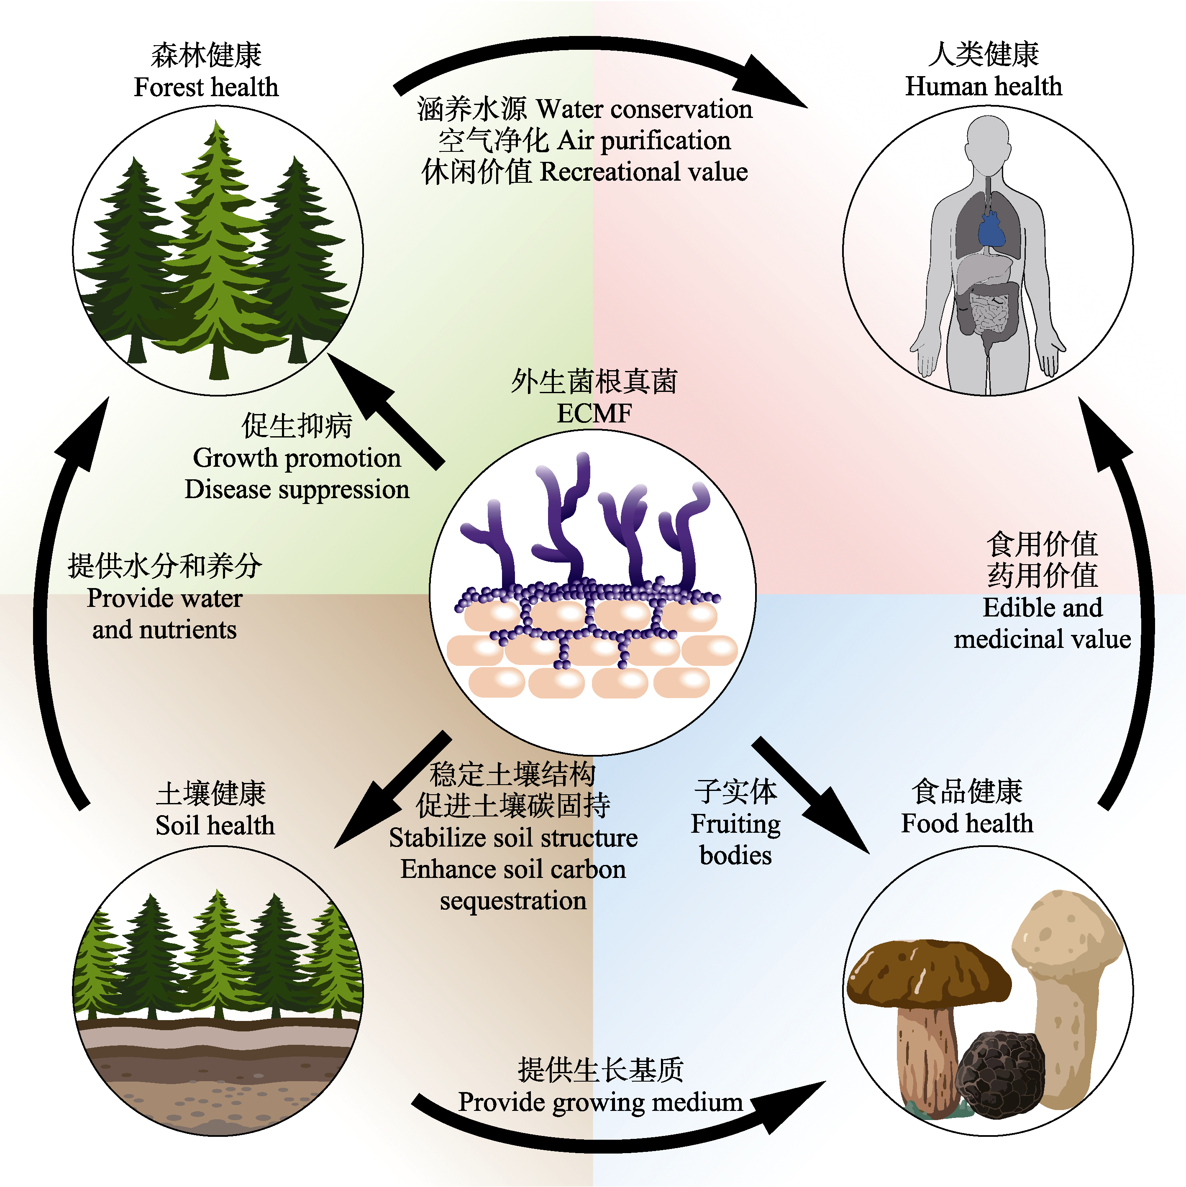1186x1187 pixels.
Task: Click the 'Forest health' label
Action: tap(207, 87)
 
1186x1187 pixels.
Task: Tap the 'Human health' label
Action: tap(983, 86)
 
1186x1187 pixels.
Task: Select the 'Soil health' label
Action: tap(215, 825)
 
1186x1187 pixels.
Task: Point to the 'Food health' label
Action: tap(967, 823)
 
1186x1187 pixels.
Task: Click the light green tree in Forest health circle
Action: tap(215, 258)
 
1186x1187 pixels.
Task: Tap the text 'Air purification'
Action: tap(644, 141)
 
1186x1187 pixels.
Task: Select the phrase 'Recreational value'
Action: tap(643, 172)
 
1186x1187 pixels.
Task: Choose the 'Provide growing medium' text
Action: tap(600, 1102)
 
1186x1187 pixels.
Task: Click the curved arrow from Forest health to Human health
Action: tap(590, 43)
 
